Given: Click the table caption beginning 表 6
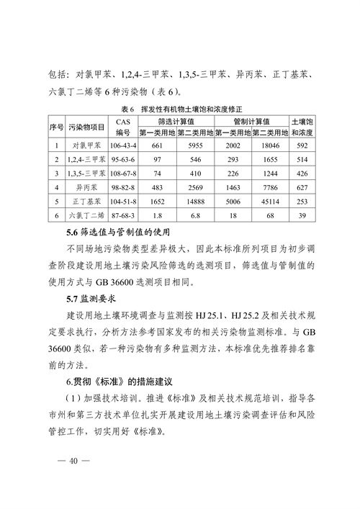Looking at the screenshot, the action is tap(180, 109).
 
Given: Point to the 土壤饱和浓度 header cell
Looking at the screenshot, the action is tap(303, 127).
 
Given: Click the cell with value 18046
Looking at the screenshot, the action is tap(270, 145).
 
